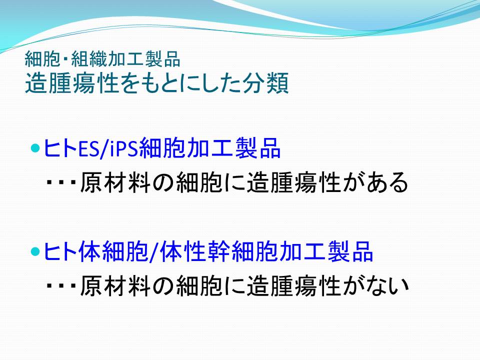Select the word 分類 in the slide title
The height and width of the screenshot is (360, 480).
[x=265, y=83]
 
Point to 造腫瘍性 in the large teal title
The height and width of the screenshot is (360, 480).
[x=72, y=83]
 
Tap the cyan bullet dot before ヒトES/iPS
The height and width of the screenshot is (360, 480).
[x=35, y=148]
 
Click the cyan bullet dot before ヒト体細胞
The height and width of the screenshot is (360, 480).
[x=35, y=251]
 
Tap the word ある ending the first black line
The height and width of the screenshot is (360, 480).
[x=387, y=182]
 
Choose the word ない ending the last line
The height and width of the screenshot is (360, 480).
[x=387, y=285]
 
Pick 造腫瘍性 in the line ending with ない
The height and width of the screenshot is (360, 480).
[x=294, y=285]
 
